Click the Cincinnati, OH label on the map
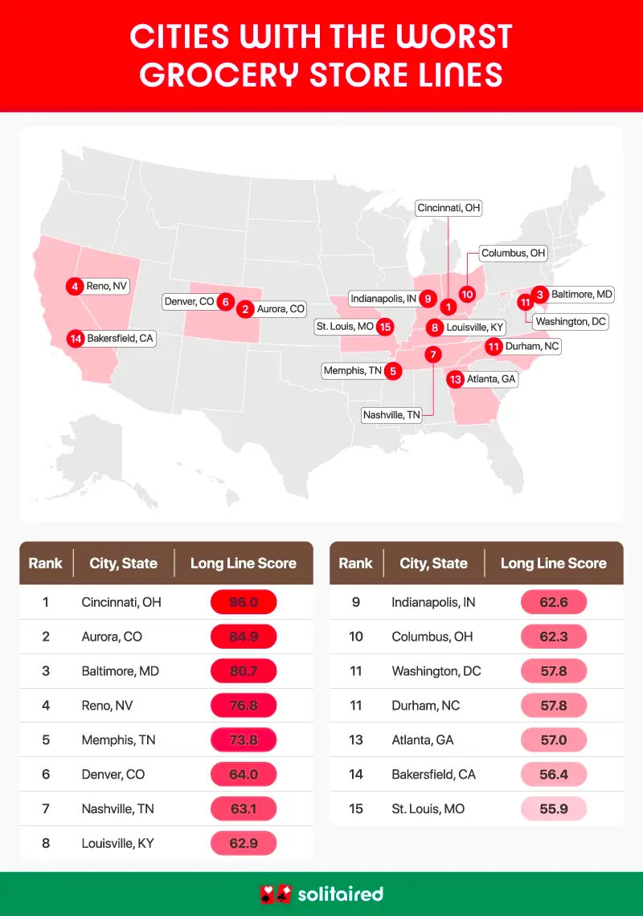[448, 208]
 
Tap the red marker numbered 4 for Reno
[75, 286]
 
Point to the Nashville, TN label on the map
[391, 415]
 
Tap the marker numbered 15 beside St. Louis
[386, 327]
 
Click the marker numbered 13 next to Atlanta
[456, 379]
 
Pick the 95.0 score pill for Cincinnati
[243, 602]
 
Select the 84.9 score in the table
[243, 637]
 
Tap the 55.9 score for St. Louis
[553, 809]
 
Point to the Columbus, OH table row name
[433, 637]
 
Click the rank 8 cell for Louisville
[46, 844]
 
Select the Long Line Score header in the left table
[243, 564]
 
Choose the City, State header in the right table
[433, 564]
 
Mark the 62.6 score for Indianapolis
[553, 602]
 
